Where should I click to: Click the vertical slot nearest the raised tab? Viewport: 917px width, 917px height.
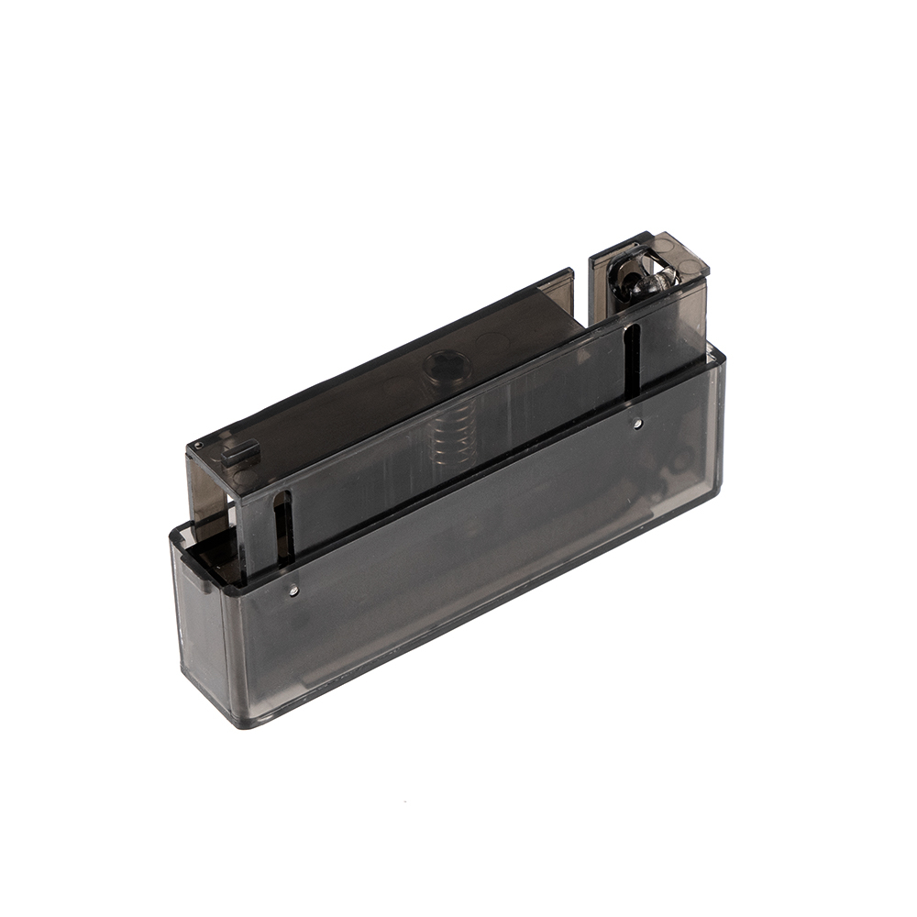[282, 527]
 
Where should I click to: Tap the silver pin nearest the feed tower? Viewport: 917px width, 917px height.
[637, 423]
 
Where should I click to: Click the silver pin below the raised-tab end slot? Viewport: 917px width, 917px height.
[293, 591]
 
